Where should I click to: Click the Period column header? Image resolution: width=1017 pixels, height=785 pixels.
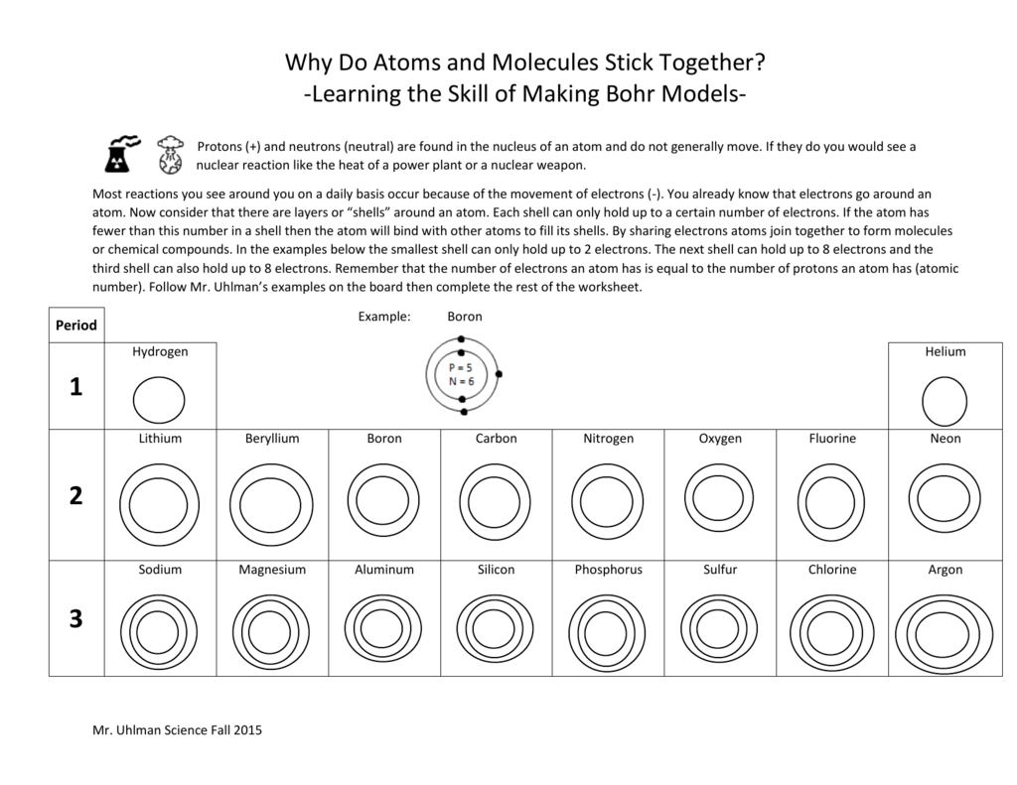click(x=76, y=326)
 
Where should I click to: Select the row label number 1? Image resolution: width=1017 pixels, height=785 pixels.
click(x=76, y=387)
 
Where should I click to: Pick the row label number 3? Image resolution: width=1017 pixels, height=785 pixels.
click(x=76, y=619)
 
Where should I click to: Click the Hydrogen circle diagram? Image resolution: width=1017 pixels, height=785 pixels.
click(x=159, y=401)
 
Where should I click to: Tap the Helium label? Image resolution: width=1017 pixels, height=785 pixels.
click(x=944, y=351)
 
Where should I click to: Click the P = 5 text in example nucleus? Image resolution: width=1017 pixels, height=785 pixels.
click(x=461, y=367)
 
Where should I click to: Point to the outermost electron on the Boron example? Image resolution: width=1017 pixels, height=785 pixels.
click(x=499, y=374)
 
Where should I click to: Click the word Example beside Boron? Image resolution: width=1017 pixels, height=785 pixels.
click(x=383, y=317)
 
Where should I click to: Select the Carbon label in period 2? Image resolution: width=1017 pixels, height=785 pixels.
click(x=496, y=438)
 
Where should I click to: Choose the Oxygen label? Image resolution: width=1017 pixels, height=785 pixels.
click(x=720, y=438)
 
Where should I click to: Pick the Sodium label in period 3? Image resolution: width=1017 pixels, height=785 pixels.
click(x=160, y=570)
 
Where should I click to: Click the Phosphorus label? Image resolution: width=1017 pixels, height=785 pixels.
click(x=608, y=570)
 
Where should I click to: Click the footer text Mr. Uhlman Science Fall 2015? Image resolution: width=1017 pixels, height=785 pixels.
click(x=177, y=731)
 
